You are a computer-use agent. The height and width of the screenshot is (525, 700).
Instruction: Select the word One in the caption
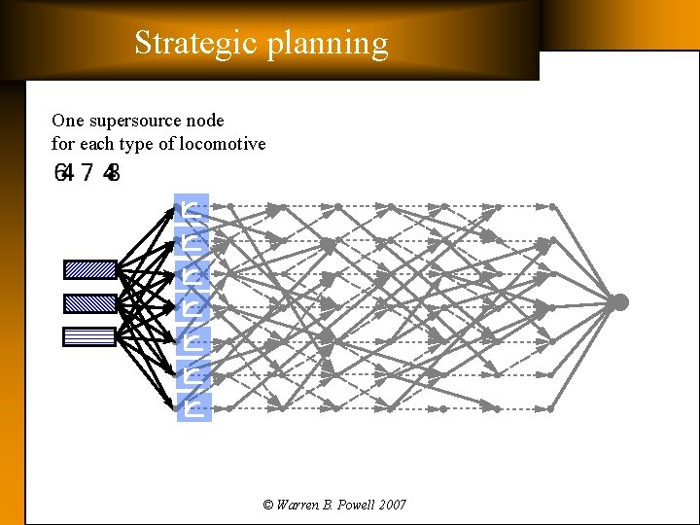pos(68,121)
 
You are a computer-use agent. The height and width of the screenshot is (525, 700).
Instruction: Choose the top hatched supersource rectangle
pos(90,269)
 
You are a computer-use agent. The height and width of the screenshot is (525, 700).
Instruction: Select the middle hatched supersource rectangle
pos(90,302)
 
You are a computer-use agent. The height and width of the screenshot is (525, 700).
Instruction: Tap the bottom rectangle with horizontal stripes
pos(90,336)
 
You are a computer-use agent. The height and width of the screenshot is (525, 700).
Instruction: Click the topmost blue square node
pos(192,207)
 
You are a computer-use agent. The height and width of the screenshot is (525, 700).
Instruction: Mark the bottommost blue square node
pos(192,408)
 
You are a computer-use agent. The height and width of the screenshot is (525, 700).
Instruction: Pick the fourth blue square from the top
pos(192,308)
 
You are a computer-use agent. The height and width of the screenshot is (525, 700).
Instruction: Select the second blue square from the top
pos(192,240)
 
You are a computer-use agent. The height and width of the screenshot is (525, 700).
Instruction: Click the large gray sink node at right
pos(619,302)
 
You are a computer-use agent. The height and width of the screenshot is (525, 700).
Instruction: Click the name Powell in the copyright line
pos(353,505)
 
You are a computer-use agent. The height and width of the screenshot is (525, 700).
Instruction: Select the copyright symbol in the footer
pos(268,505)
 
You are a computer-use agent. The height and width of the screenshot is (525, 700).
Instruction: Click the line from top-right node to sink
pos(585,255)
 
